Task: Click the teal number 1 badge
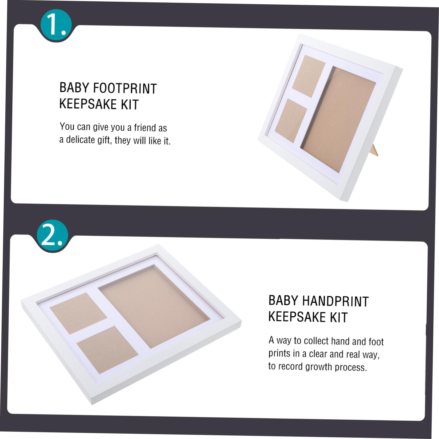coord(56,25)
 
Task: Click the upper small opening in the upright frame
coord(309,76)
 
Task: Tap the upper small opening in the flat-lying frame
coord(78,310)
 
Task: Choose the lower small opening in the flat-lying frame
coord(108,350)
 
